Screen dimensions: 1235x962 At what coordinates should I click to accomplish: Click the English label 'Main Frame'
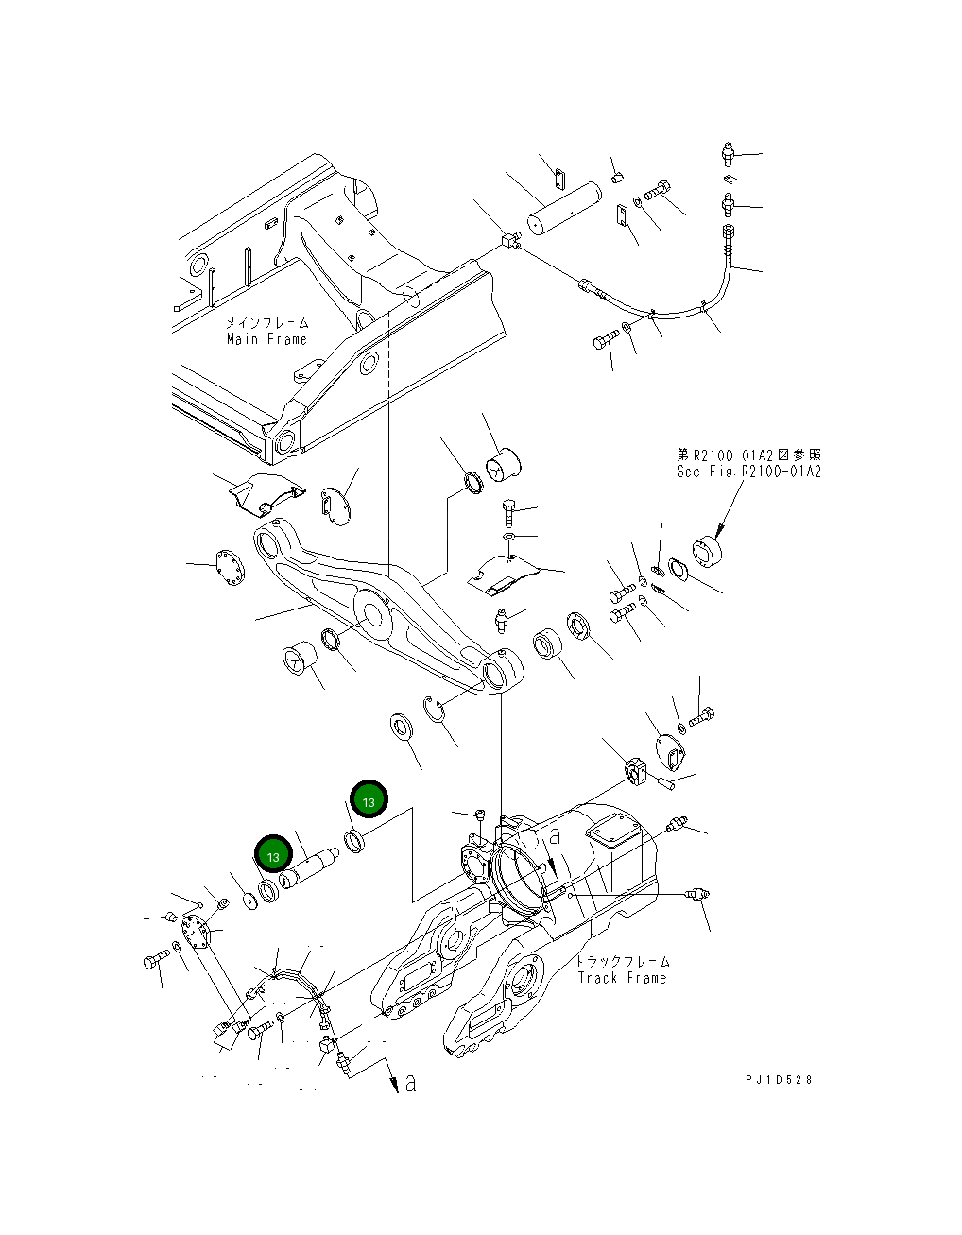pyautogui.click(x=266, y=339)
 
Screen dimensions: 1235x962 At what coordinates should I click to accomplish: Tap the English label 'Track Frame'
pyautogui.click(x=622, y=978)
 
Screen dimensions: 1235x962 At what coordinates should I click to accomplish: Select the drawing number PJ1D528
pyautogui.click(x=778, y=1079)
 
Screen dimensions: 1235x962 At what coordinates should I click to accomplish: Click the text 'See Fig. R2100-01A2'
pyautogui.click(x=748, y=471)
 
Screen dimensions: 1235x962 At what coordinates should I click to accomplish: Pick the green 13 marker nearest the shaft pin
pyautogui.click(x=273, y=856)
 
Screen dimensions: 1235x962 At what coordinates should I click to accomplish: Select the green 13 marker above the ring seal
pyautogui.click(x=369, y=801)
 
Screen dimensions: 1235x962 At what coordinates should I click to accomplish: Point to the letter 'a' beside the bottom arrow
pyautogui.click(x=410, y=1083)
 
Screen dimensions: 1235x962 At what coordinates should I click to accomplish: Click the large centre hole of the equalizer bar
pyautogui.click(x=373, y=616)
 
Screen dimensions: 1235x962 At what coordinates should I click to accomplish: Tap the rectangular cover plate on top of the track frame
pyautogui.click(x=612, y=837)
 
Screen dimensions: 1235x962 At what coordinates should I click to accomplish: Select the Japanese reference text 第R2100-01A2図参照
pyautogui.click(x=748, y=455)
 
